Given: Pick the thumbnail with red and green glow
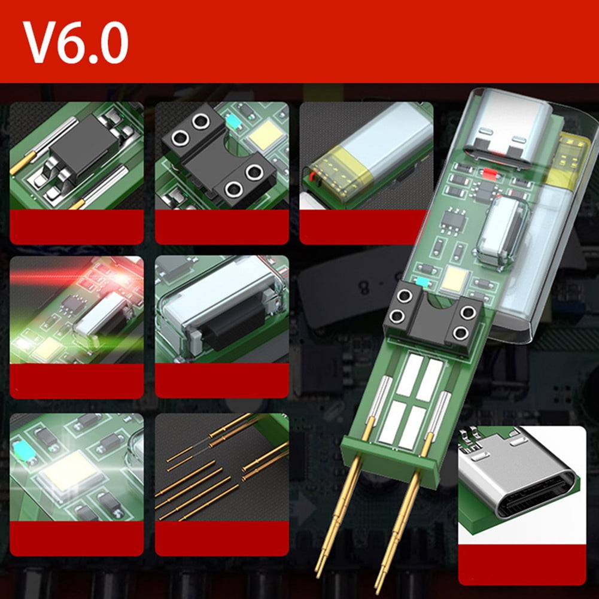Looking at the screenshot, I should click(x=77, y=311).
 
